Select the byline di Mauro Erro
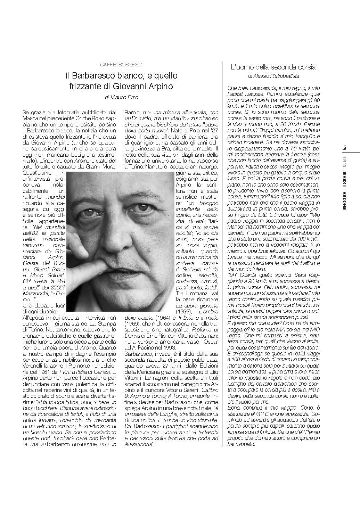coord(121,97)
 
